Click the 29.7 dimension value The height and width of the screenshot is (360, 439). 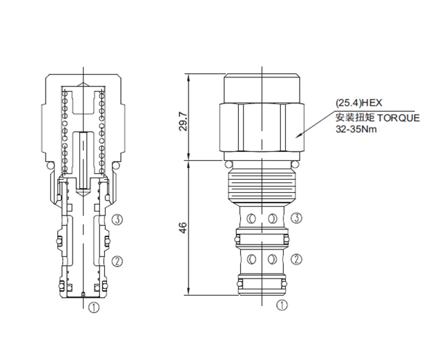tap(184, 122)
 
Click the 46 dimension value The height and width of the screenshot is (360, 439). tap(183, 228)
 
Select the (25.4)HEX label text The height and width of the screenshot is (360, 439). tap(359, 103)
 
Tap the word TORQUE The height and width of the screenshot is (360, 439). tap(398, 118)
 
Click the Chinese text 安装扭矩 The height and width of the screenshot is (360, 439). tap(355, 117)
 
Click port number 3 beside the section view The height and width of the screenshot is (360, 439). tap(117, 220)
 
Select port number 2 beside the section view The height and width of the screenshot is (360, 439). tap(117, 261)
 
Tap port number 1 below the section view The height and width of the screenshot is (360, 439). tap(94, 307)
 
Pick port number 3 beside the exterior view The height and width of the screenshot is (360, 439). tap(297, 218)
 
